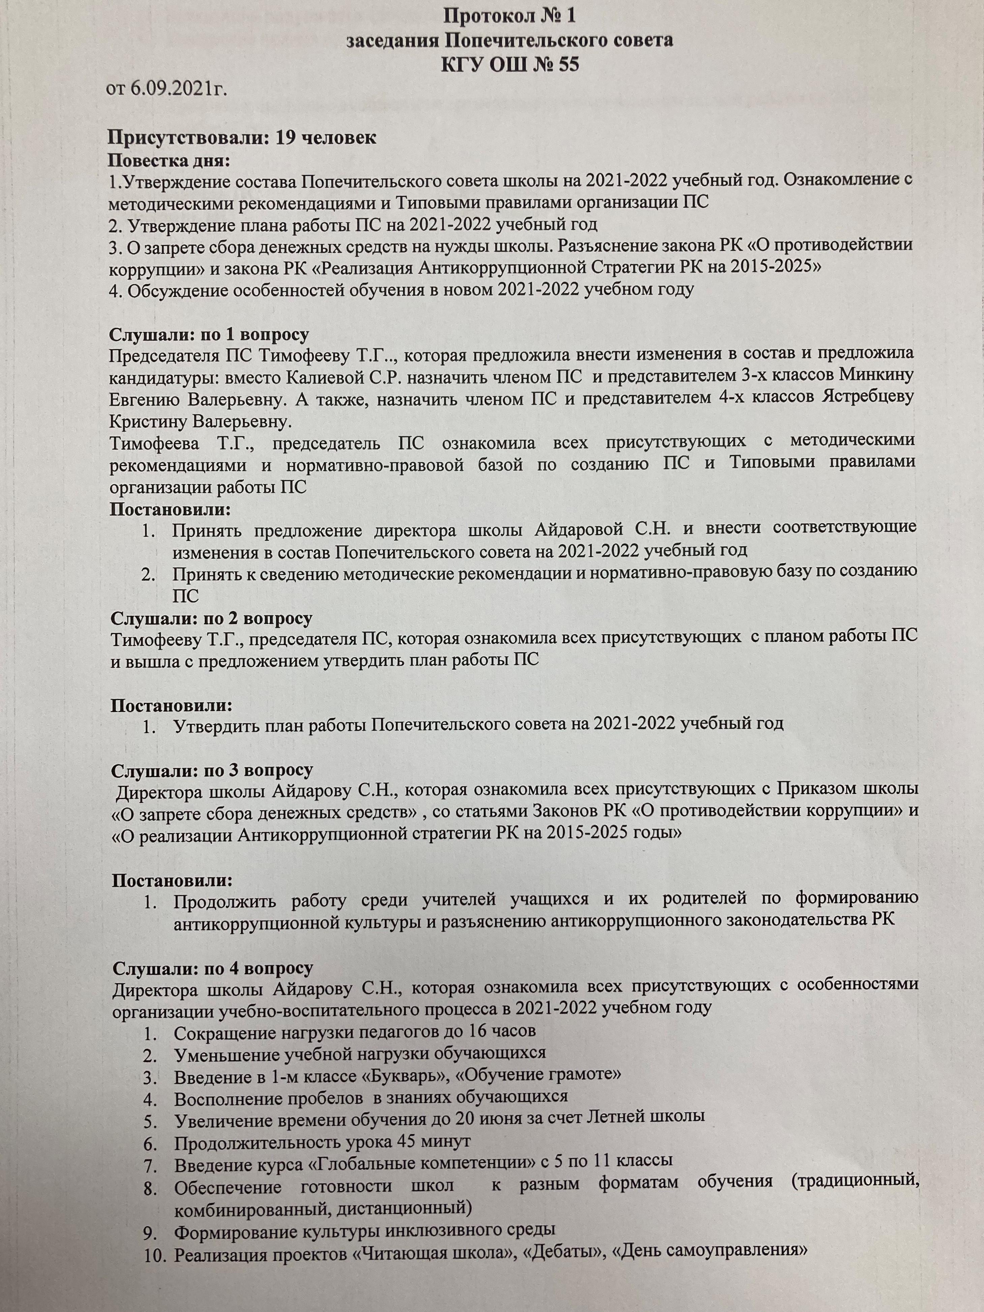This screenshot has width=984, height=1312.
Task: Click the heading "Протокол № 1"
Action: (509, 16)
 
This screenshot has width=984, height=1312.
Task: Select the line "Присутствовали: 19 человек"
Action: (241, 138)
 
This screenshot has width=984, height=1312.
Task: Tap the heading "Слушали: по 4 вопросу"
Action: (212, 968)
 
